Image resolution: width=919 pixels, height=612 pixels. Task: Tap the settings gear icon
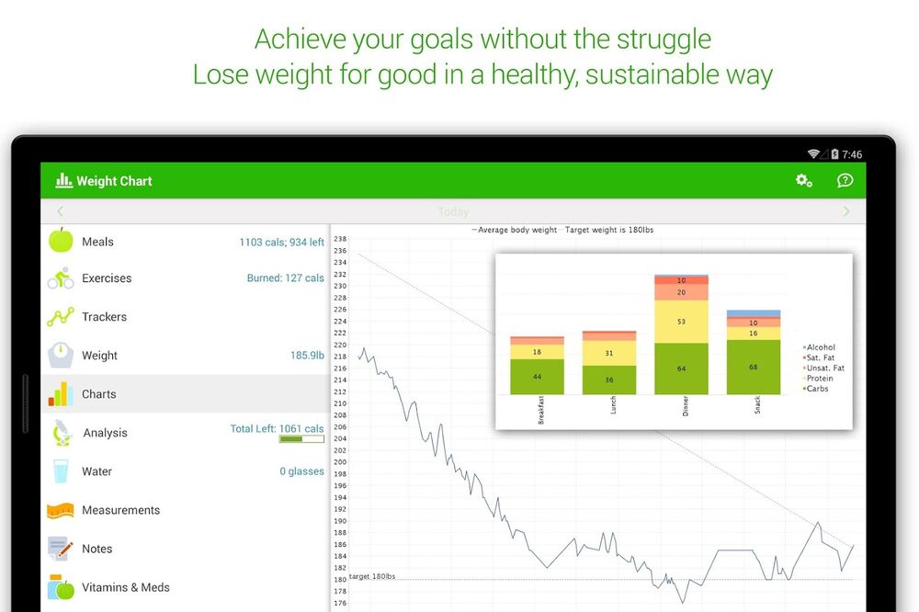(x=804, y=181)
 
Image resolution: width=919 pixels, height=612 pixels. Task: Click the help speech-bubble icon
(x=845, y=181)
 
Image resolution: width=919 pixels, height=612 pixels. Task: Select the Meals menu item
(x=97, y=242)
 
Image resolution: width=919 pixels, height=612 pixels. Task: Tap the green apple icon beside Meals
(x=61, y=241)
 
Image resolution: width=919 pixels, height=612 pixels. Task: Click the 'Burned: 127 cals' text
(x=285, y=278)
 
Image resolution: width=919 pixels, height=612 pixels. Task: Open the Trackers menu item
(x=104, y=317)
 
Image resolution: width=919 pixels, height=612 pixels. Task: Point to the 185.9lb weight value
(x=307, y=356)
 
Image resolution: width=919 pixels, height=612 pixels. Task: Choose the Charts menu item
(x=98, y=394)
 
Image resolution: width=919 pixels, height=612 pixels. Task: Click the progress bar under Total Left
(x=301, y=439)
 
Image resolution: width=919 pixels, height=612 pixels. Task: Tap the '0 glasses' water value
(x=301, y=471)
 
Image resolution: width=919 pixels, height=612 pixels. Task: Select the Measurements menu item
(x=120, y=510)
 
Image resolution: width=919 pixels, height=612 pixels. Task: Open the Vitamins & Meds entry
(x=125, y=587)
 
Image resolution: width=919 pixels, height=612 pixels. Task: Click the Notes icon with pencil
(x=60, y=549)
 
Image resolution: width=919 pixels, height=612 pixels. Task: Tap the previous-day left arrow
(x=61, y=211)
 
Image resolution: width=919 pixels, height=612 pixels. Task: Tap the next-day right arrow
(x=846, y=211)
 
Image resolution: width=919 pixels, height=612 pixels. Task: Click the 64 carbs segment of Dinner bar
(x=681, y=368)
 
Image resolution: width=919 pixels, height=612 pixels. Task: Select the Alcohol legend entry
(x=820, y=347)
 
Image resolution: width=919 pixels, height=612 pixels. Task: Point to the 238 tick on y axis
(x=340, y=239)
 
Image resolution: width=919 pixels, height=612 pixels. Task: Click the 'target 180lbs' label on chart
(x=372, y=576)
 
